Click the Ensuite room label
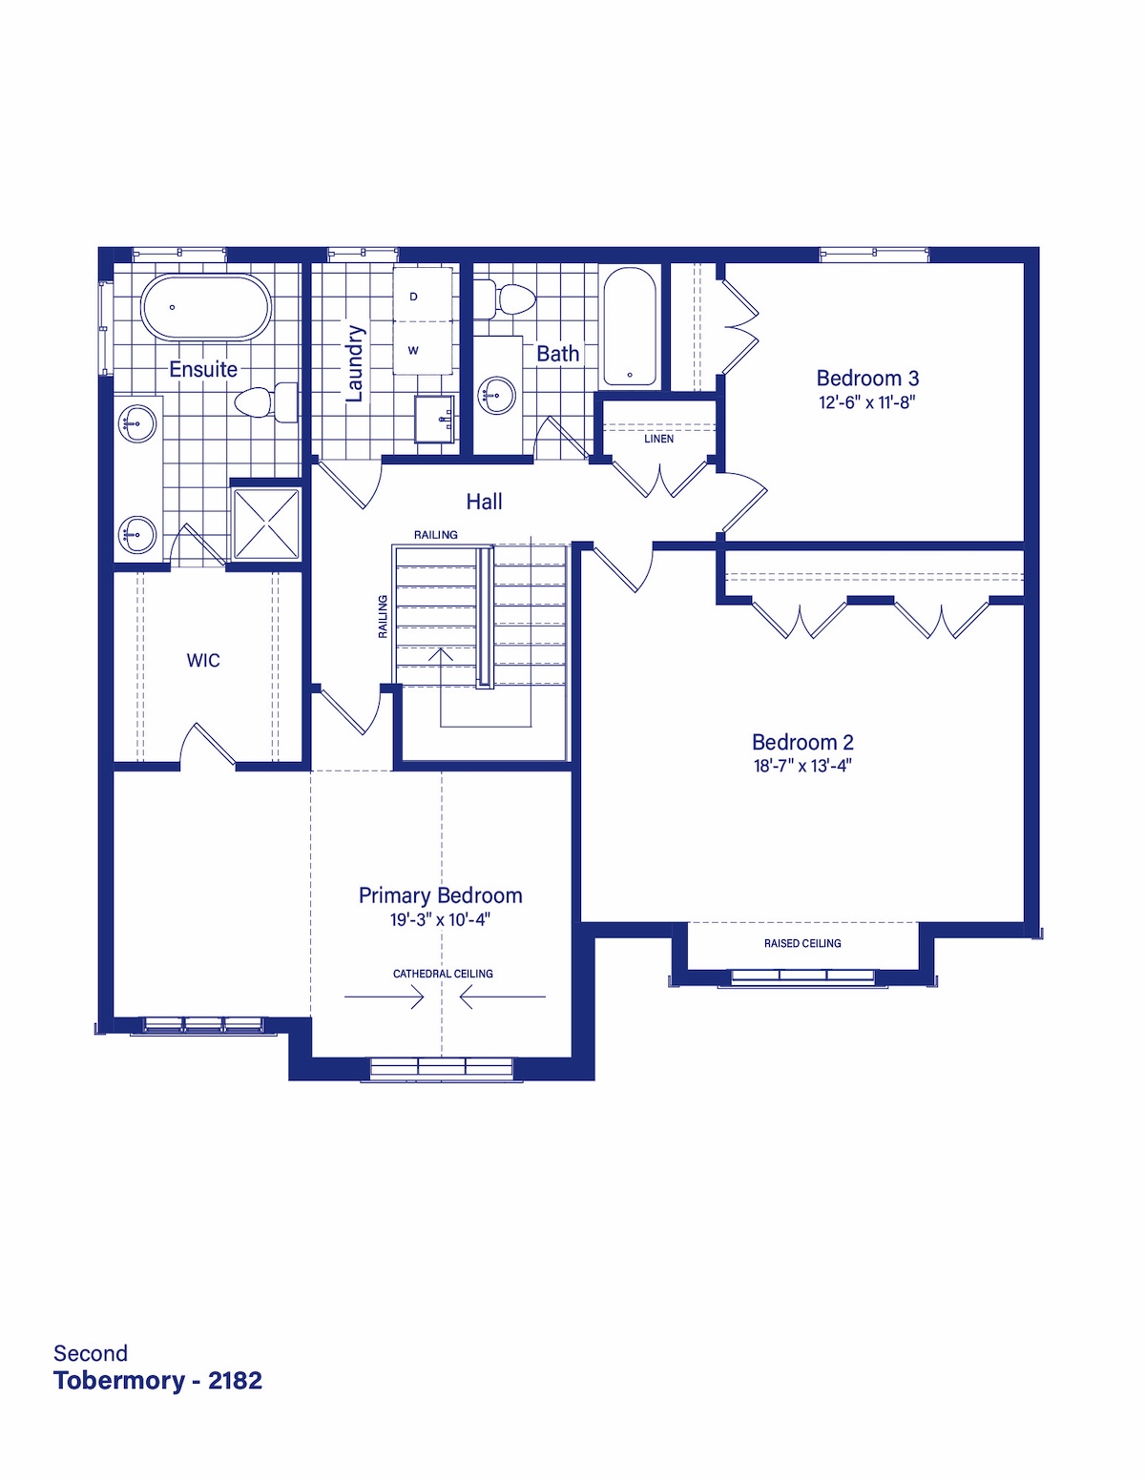click(x=203, y=369)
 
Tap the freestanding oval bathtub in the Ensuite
click(x=206, y=307)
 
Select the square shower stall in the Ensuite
click(x=266, y=524)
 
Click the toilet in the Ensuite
click(x=266, y=402)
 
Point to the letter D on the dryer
click(x=413, y=297)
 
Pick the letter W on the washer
click(x=413, y=351)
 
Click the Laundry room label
click(x=355, y=363)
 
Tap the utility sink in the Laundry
click(x=434, y=419)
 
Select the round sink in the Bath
click(x=496, y=395)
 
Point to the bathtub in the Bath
click(x=630, y=327)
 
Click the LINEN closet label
click(x=658, y=439)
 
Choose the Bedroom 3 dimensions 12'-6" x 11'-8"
click(x=866, y=401)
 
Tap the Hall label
click(x=484, y=502)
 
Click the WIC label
click(x=203, y=660)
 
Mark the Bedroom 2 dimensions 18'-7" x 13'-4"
click(x=802, y=766)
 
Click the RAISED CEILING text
click(x=802, y=943)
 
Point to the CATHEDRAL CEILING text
click(x=443, y=974)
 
